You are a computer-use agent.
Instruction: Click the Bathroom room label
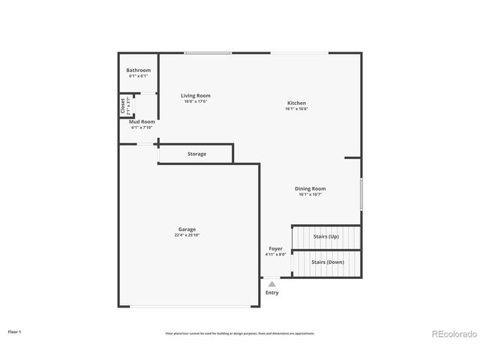pyautogui.click(x=138, y=70)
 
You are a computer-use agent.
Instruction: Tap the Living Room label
pyautogui.click(x=196, y=95)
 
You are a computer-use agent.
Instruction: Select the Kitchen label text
pyautogui.click(x=296, y=103)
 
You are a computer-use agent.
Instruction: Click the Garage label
pyautogui.click(x=187, y=229)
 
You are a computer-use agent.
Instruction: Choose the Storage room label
pyautogui.click(x=196, y=154)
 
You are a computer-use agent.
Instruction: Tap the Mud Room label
pyautogui.click(x=142, y=121)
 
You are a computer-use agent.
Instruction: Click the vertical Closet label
pyautogui.click(x=123, y=106)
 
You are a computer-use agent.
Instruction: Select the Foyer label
pyautogui.click(x=276, y=248)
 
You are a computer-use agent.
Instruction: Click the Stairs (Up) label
pyautogui.click(x=325, y=237)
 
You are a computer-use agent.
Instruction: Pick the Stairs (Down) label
pyautogui.click(x=327, y=262)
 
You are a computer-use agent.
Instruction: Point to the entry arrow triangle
pyautogui.click(x=272, y=284)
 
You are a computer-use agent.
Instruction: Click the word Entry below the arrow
pyautogui.click(x=272, y=292)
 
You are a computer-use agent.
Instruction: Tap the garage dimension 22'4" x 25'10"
pyautogui.click(x=187, y=235)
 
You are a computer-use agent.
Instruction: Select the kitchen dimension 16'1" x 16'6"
pyautogui.click(x=296, y=109)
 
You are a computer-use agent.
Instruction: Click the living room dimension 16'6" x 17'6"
pyautogui.click(x=196, y=101)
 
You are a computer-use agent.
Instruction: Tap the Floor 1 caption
pyautogui.click(x=14, y=331)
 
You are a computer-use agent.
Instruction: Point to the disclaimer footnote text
pyautogui.click(x=240, y=333)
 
